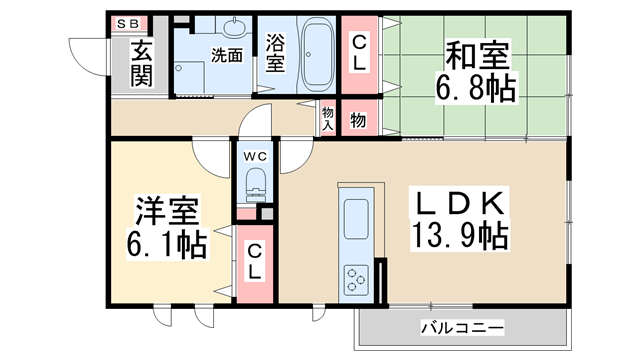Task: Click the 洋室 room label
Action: (x=167, y=211)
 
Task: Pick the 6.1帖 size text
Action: (x=167, y=244)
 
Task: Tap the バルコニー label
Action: (x=461, y=327)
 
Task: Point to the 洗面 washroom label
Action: (x=226, y=56)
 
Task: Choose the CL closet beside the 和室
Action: (x=358, y=50)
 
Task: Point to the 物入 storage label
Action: (x=327, y=119)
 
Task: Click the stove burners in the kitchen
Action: (x=355, y=275)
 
